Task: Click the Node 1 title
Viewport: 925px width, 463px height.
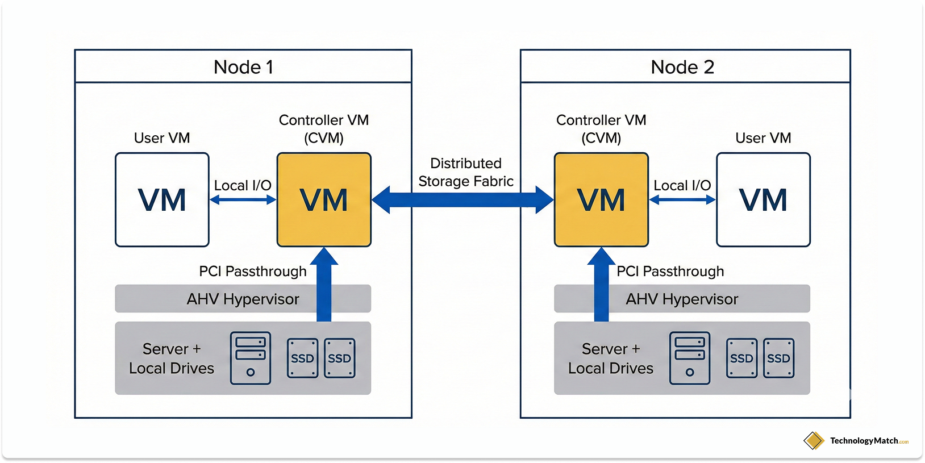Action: (243, 67)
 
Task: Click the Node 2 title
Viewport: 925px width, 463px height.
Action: (682, 67)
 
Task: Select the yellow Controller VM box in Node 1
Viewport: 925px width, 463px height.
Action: (324, 199)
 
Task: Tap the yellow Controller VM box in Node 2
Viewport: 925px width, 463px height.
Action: (601, 199)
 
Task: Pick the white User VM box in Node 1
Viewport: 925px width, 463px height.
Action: (162, 199)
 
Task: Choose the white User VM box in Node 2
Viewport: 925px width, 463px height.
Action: (763, 199)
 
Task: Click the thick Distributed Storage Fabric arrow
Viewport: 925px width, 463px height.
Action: (463, 200)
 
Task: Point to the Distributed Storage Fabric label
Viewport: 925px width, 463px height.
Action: (466, 172)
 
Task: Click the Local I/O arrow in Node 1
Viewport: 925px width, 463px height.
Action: (243, 199)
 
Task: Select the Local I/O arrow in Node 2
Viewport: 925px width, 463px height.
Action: (682, 199)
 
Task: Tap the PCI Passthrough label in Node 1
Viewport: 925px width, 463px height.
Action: (252, 272)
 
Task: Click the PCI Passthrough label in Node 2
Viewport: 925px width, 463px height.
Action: (670, 272)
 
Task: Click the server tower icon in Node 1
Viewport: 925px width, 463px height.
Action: (251, 358)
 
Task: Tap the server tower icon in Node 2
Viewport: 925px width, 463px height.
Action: (690, 358)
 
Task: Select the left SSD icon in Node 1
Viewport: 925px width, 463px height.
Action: (302, 358)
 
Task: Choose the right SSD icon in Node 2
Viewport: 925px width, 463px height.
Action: (778, 358)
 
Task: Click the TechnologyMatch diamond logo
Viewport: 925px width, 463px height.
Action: (814, 440)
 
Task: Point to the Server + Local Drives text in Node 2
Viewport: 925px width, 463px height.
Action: (611, 358)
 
